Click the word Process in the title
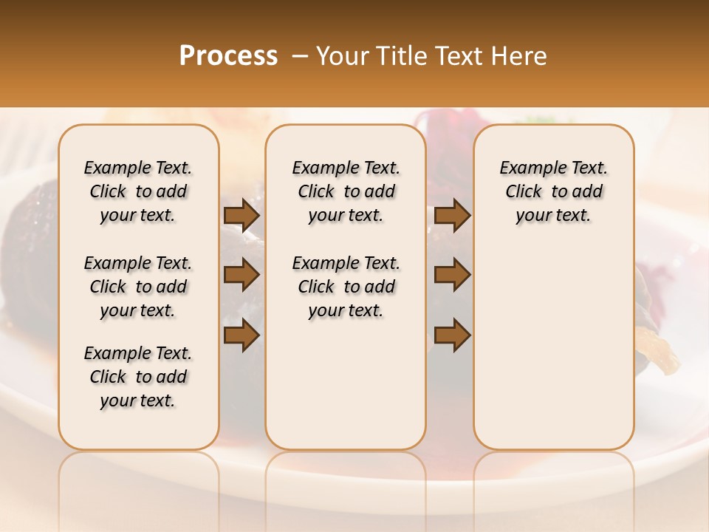click(228, 56)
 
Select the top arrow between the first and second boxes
click(242, 216)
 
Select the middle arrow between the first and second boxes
click(242, 276)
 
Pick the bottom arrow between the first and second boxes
click(242, 335)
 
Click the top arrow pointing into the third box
click(452, 216)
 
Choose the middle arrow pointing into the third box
click(452, 276)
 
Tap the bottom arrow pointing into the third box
click(452, 335)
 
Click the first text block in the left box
click(138, 191)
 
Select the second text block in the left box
click(138, 287)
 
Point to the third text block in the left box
click(138, 377)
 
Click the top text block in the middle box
click(346, 191)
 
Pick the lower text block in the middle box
click(346, 287)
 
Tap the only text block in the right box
click(553, 191)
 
